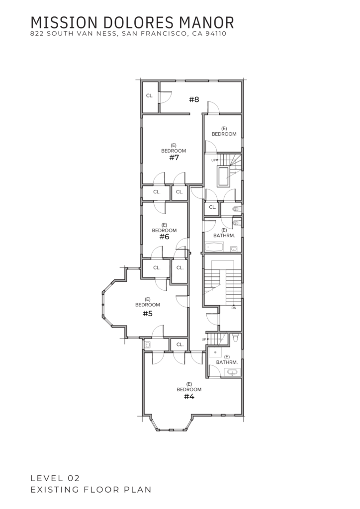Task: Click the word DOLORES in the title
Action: pos(138,23)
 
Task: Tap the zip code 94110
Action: pos(216,33)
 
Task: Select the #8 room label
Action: pos(194,99)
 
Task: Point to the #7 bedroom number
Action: pos(174,158)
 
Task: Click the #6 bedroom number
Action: pos(164,237)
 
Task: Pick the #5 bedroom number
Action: pos(148,314)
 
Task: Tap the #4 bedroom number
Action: pos(189,397)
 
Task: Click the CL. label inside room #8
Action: pos(150,96)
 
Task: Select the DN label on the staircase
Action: pos(234,308)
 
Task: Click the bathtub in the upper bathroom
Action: pos(214,248)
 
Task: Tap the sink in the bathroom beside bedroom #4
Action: pos(232,372)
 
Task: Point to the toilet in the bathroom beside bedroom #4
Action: pos(236,338)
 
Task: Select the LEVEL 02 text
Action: pos(55,478)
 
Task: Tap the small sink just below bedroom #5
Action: pos(147,344)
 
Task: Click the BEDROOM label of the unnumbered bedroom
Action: pos(224,134)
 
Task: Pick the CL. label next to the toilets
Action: pos(212,207)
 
